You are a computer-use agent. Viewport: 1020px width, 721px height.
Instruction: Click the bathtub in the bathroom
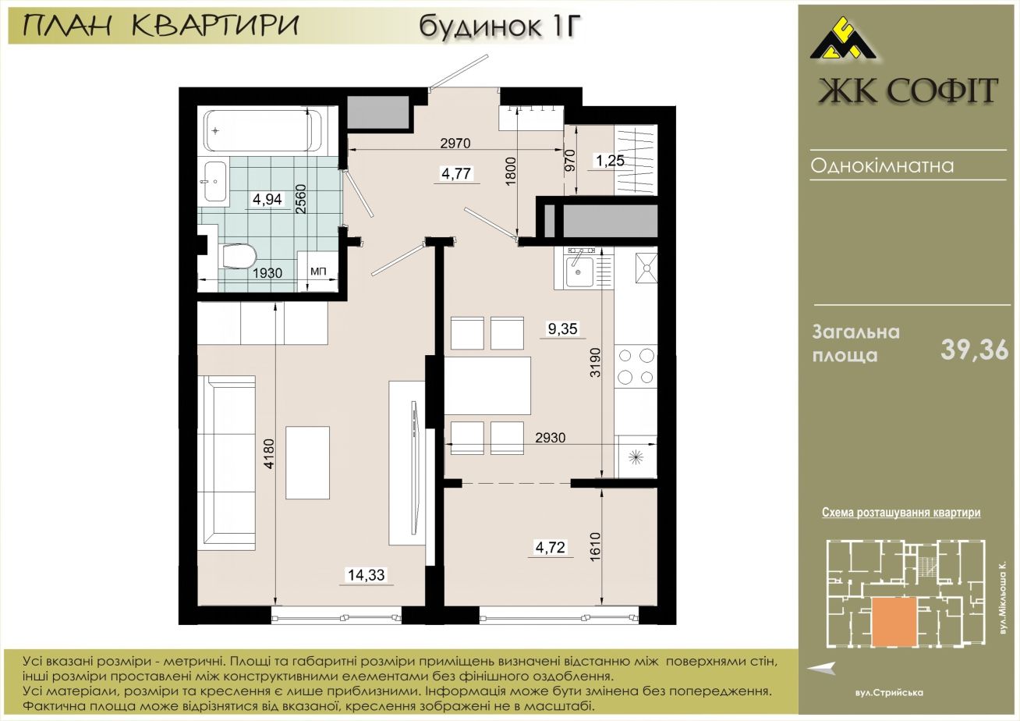[264, 130]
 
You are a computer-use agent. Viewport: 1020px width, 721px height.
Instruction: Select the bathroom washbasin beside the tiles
[215, 181]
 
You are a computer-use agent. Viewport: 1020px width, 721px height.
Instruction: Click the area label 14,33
[367, 575]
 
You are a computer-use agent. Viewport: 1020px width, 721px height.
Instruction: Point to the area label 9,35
[562, 329]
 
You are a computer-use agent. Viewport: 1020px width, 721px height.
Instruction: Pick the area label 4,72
[550, 547]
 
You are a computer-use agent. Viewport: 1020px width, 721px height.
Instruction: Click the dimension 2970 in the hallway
[455, 143]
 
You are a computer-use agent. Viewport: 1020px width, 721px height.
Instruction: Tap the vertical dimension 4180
[270, 453]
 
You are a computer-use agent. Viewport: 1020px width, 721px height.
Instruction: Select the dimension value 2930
[550, 438]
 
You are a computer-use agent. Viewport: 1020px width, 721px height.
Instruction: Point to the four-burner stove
[636, 366]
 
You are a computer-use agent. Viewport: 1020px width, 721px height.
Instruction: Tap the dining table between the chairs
[487, 385]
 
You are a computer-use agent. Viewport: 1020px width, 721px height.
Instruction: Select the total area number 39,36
[975, 350]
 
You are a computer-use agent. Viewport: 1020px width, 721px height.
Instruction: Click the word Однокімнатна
[882, 165]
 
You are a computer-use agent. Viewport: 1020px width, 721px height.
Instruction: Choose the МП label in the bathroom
[318, 272]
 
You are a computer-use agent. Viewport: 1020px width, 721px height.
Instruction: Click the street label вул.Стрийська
[889, 693]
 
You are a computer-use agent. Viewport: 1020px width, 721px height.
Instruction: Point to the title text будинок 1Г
[501, 26]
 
